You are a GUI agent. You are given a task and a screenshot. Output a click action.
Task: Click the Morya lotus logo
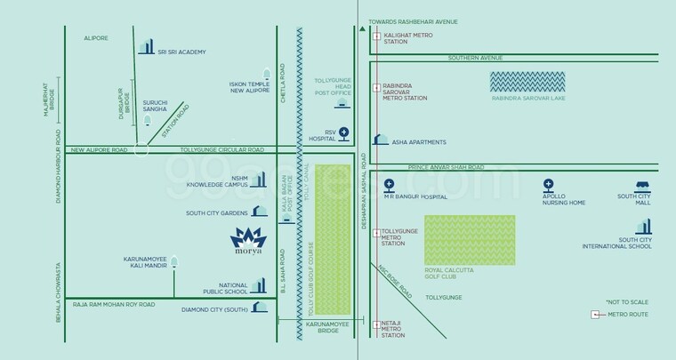click(248, 238)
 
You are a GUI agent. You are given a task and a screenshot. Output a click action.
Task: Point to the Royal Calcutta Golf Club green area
click(469, 241)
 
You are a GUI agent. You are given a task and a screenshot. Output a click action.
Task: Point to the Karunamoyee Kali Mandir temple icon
click(175, 262)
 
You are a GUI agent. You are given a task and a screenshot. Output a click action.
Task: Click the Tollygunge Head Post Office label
click(334, 91)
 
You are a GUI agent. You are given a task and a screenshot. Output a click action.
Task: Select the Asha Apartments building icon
click(381, 140)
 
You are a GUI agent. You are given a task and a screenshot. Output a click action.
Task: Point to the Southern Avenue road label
click(475, 58)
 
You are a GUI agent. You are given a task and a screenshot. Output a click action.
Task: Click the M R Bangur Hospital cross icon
click(389, 185)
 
